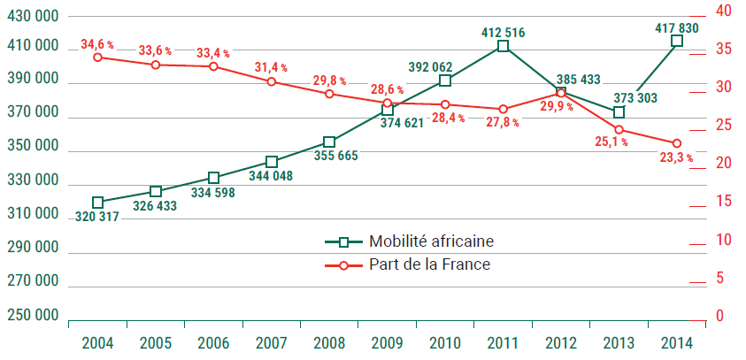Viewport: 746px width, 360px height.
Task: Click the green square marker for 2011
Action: coord(503,47)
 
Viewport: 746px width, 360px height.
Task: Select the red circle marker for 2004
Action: coord(97,57)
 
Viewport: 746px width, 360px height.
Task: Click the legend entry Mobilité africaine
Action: coord(419,241)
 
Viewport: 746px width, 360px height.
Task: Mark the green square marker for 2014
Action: coord(677,42)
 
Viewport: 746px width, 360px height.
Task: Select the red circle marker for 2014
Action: coord(677,143)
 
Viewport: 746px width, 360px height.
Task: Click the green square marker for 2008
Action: coord(329,142)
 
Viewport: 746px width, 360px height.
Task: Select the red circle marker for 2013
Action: coord(619,130)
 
